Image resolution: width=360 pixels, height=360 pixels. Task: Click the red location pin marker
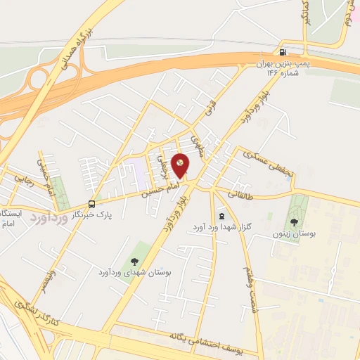click(x=181, y=166)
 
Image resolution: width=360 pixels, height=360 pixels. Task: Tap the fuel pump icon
click(x=283, y=51)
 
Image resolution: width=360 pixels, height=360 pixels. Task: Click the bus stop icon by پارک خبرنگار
click(x=91, y=204)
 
